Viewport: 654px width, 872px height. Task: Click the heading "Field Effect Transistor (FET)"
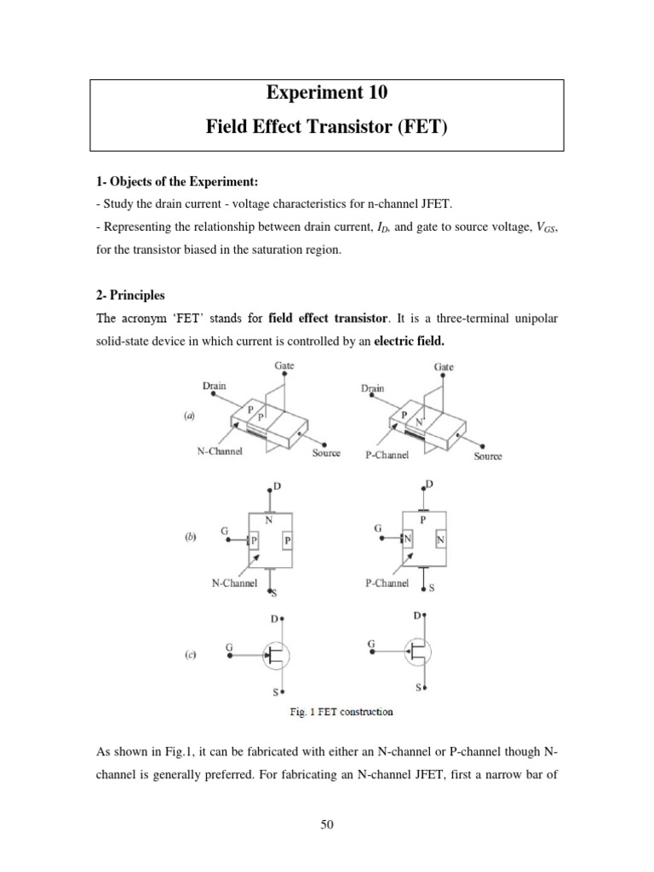[x=327, y=129]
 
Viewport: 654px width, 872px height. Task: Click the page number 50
[x=327, y=824]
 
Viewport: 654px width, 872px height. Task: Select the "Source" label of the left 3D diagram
[x=326, y=453]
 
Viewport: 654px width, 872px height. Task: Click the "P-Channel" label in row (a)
[x=387, y=455]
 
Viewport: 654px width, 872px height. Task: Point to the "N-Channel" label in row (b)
[x=234, y=583]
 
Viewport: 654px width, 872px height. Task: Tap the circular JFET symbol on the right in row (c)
[x=416, y=654]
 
